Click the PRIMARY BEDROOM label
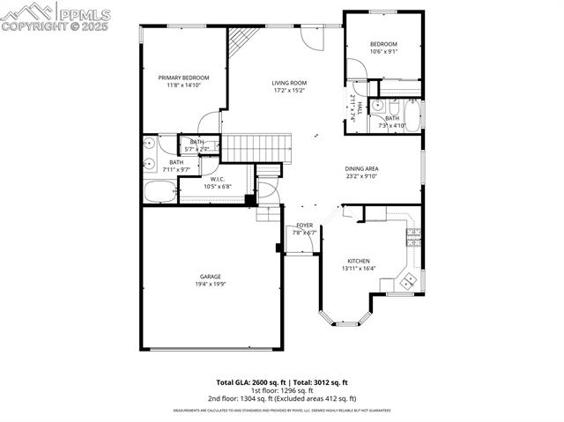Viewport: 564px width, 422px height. (x=183, y=78)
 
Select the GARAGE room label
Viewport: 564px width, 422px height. (x=210, y=277)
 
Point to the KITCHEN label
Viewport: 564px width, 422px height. (x=358, y=261)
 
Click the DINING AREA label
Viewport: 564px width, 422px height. (x=361, y=167)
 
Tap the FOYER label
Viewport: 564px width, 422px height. (x=305, y=226)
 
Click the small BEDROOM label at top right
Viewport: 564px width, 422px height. (x=383, y=44)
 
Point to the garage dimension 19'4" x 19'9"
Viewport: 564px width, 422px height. (x=210, y=285)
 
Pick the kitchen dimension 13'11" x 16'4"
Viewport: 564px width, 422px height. (x=361, y=269)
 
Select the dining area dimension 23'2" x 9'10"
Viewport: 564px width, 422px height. (x=361, y=175)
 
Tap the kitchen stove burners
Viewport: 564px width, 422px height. (x=409, y=281)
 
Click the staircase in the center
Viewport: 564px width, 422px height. (x=256, y=147)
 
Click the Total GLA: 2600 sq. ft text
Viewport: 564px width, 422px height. (x=250, y=382)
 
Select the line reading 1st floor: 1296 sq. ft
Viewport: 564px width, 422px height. (x=282, y=390)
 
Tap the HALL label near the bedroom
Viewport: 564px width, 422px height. (x=360, y=108)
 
